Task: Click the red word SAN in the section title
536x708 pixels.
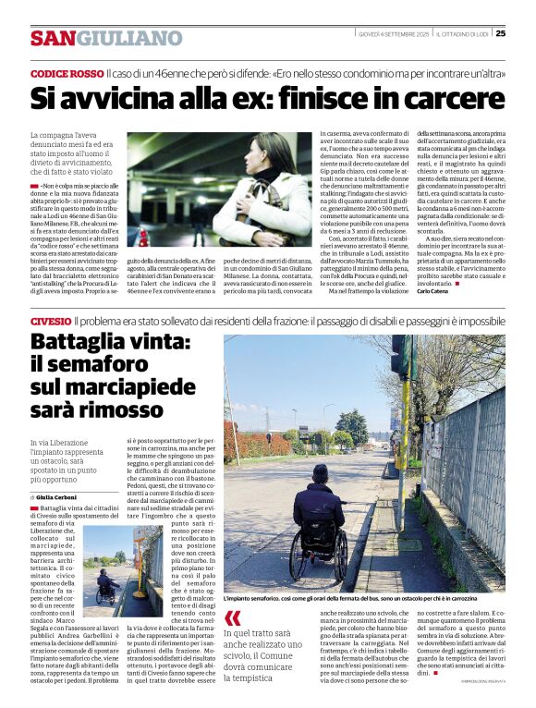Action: (x=53, y=38)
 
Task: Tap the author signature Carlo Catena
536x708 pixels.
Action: (x=433, y=291)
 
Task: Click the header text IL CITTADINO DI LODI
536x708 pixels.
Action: (x=460, y=34)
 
